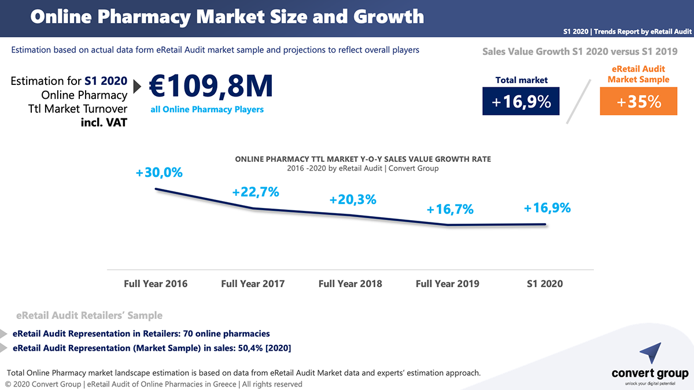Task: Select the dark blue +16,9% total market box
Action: [521, 101]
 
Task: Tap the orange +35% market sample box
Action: [638, 101]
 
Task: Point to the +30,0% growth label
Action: [159, 172]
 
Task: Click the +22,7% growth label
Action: [256, 192]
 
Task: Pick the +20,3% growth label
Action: [353, 200]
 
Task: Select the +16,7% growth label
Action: [450, 210]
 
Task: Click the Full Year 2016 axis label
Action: [156, 284]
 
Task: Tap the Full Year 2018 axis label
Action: [350, 284]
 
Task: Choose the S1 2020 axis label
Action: [544, 284]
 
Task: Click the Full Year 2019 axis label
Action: [448, 284]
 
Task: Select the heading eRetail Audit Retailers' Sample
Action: [90, 315]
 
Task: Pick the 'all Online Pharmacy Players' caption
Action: [207, 109]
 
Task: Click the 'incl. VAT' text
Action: [104, 122]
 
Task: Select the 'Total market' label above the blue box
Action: [521, 80]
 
